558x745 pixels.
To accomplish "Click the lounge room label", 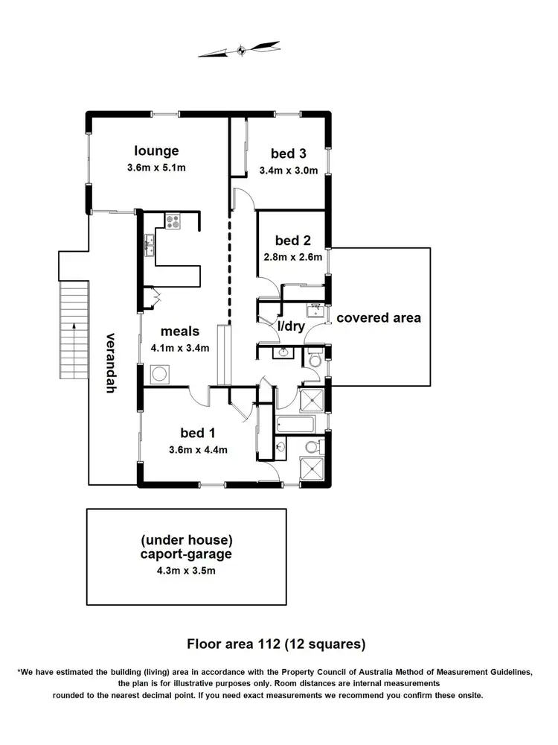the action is (156, 151).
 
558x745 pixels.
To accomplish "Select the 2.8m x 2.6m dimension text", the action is (292, 258).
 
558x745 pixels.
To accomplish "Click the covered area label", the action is (379, 317).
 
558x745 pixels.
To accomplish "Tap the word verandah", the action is (112, 362).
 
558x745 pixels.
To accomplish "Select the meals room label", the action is (179, 332).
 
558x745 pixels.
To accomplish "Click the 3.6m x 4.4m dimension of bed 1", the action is (198, 449).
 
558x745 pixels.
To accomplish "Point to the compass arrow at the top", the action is (242, 51).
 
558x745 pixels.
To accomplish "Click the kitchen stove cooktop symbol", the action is (173, 221).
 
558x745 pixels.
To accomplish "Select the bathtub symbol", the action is (295, 425).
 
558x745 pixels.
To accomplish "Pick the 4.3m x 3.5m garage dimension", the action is (186, 571).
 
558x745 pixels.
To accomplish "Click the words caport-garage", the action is (186, 555).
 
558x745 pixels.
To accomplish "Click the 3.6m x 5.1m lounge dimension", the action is (156, 168).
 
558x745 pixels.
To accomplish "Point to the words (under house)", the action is (186, 539).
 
